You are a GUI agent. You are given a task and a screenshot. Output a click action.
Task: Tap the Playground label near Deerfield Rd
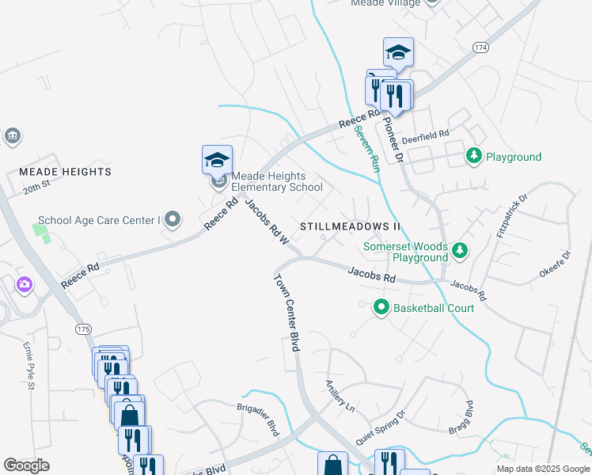pyautogui.click(x=513, y=157)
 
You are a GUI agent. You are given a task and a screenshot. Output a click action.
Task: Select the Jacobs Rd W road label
pyautogui.click(x=265, y=221)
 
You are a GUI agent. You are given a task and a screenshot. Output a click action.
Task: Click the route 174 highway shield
pyautogui.click(x=480, y=48)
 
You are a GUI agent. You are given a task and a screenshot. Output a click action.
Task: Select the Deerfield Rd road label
pyautogui.click(x=425, y=135)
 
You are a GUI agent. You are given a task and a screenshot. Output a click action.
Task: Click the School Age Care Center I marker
pyautogui.click(x=173, y=219)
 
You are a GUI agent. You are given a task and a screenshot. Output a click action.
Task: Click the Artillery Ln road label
pyautogui.click(x=340, y=396)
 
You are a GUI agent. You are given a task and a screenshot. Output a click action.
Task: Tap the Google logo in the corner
pyautogui.click(x=26, y=465)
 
